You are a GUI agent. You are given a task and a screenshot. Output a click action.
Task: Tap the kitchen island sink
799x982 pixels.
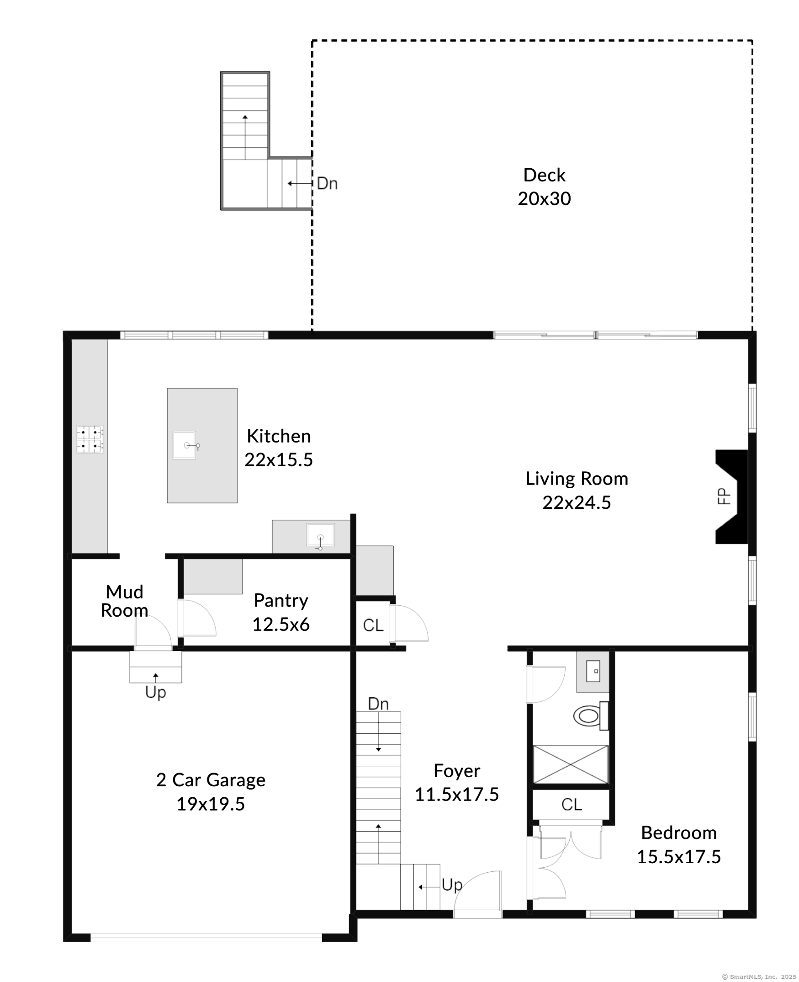(185, 445)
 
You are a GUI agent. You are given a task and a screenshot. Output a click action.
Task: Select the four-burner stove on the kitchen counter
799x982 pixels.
(90, 439)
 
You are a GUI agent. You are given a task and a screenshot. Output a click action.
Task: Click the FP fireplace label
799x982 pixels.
(724, 496)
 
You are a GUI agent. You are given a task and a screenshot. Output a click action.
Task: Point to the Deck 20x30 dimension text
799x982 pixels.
(544, 198)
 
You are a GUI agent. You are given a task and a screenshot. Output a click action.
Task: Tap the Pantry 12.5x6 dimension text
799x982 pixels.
(281, 624)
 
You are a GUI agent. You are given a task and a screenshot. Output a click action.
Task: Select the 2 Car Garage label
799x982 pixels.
(211, 780)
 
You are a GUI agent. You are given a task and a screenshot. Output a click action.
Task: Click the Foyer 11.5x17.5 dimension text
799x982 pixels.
(456, 794)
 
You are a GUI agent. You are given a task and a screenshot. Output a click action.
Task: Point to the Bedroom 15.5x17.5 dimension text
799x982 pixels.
(678, 856)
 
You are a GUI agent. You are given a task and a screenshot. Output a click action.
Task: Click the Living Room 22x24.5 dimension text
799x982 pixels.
(577, 502)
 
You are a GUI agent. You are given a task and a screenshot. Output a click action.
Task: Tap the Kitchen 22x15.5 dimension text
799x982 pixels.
(279, 459)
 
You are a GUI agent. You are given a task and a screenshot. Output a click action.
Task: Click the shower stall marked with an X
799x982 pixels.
(571, 764)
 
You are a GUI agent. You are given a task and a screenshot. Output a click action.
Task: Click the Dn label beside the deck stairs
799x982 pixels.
(327, 183)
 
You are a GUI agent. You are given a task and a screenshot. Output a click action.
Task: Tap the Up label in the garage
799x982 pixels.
(156, 692)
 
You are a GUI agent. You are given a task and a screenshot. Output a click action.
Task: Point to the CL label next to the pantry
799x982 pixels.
(373, 625)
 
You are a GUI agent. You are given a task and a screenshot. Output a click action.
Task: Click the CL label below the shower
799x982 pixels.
(571, 804)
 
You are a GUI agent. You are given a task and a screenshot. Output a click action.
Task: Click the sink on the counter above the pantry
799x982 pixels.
(320, 536)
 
